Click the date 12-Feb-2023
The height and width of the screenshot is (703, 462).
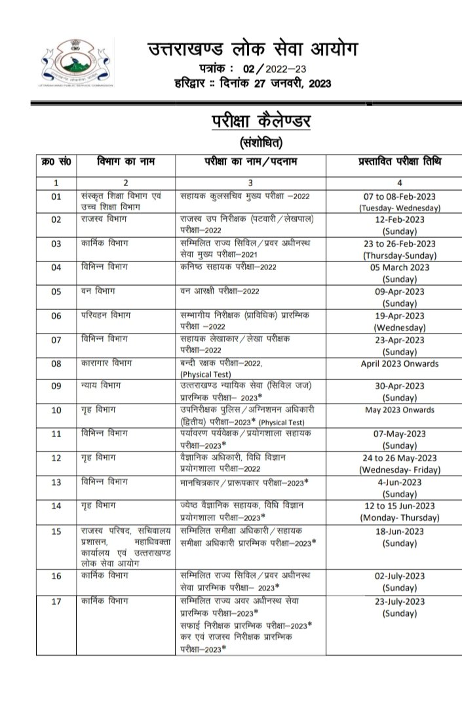[400, 220]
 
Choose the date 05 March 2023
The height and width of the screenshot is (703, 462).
[400, 267]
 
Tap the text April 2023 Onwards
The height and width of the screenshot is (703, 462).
[400, 364]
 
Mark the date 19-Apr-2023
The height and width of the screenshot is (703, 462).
[400, 315]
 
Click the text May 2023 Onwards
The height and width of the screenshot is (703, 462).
[400, 410]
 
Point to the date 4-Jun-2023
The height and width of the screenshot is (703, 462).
[400, 482]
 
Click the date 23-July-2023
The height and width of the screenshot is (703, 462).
[400, 601]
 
